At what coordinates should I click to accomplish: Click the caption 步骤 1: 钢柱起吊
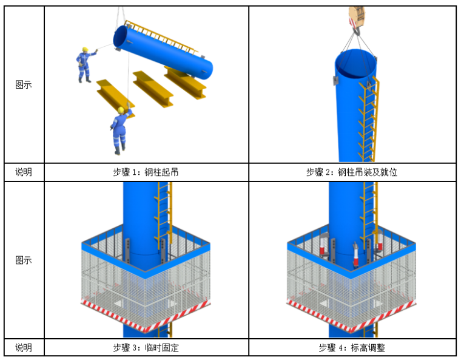click(146, 172)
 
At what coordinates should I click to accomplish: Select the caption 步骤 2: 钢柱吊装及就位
click(352, 172)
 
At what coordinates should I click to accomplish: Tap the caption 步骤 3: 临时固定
click(146, 348)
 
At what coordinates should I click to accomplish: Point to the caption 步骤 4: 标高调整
click(352, 348)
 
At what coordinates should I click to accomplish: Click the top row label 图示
click(24, 85)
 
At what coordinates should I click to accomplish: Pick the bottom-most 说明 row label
click(24, 348)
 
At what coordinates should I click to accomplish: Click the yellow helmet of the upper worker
click(86, 49)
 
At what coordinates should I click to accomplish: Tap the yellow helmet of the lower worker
click(121, 110)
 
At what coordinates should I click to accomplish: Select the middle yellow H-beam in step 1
click(152, 88)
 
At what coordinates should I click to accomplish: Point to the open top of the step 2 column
click(355, 64)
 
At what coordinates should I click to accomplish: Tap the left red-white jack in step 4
click(324, 244)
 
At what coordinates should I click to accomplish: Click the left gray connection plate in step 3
click(127, 250)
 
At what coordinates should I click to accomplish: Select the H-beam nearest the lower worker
click(115, 98)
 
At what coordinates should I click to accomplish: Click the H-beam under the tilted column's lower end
click(185, 83)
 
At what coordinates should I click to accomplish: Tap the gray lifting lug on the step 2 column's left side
click(335, 80)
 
